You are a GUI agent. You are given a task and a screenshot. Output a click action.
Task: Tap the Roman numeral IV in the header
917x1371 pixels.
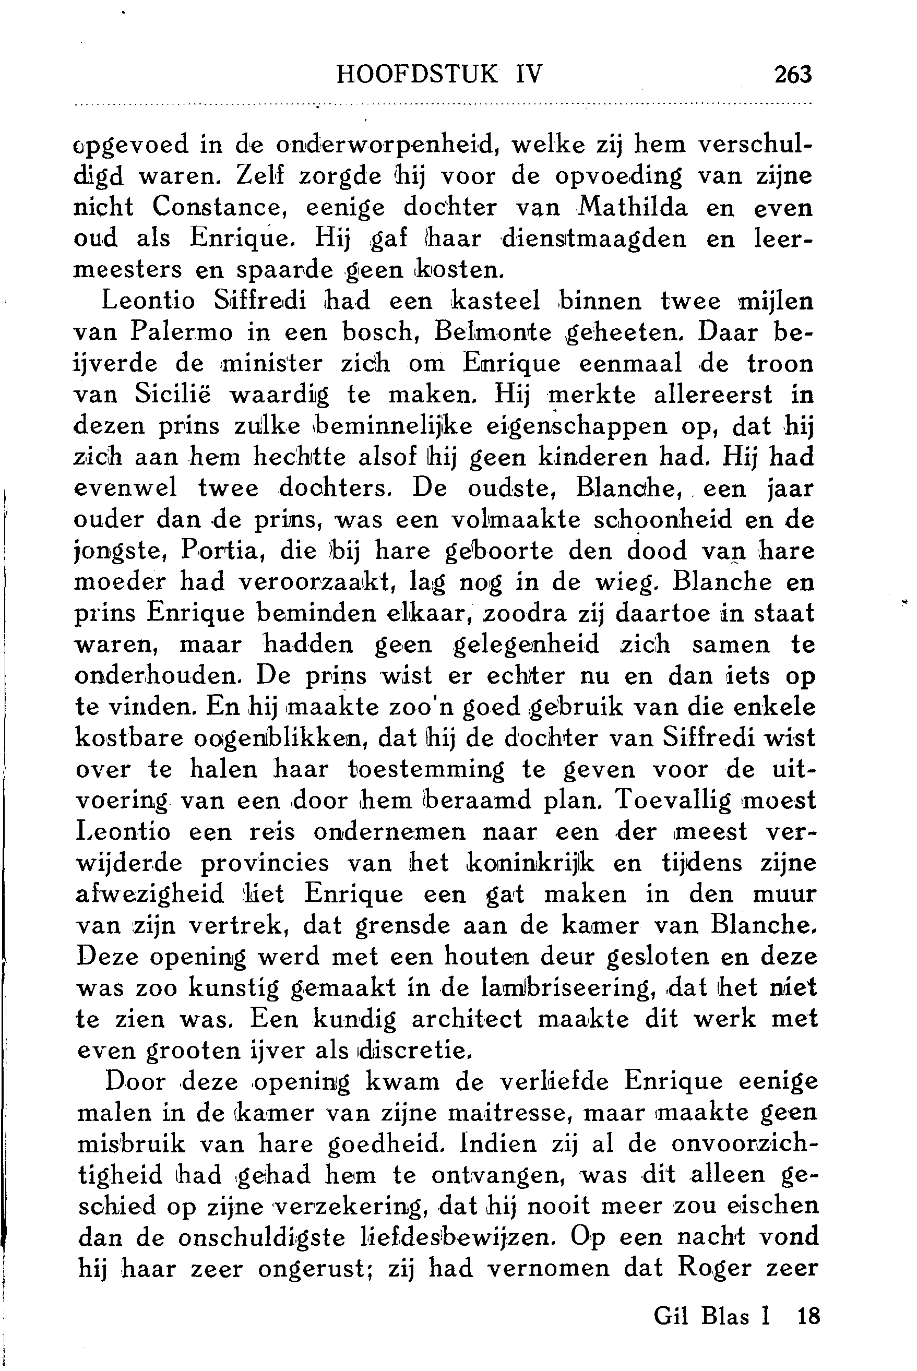tap(529, 74)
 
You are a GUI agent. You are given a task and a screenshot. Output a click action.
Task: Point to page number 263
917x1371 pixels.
tap(792, 75)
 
